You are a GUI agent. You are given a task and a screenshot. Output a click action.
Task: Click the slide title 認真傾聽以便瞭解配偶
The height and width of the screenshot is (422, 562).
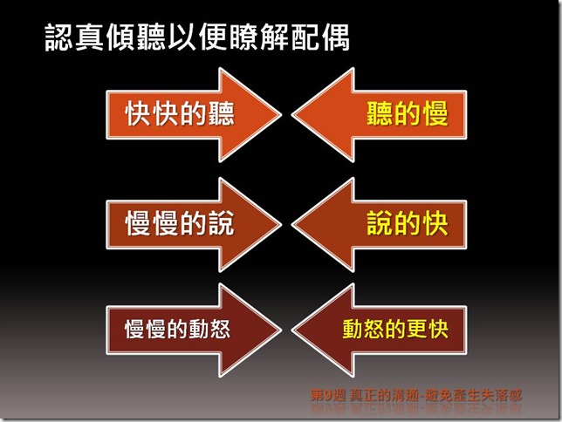click(x=196, y=38)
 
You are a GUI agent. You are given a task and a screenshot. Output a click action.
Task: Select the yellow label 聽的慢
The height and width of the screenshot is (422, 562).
click(x=406, y=114)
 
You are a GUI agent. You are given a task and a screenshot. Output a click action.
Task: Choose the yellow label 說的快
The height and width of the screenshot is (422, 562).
click(x=406, y=223)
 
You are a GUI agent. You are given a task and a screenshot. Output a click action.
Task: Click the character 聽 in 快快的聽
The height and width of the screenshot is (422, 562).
click(x=222, y=114)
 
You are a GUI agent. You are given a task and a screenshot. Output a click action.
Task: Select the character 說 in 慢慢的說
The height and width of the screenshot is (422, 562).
click(x=222, y=223)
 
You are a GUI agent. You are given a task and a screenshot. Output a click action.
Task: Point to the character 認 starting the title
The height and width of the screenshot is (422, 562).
click(x=59, y=38)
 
